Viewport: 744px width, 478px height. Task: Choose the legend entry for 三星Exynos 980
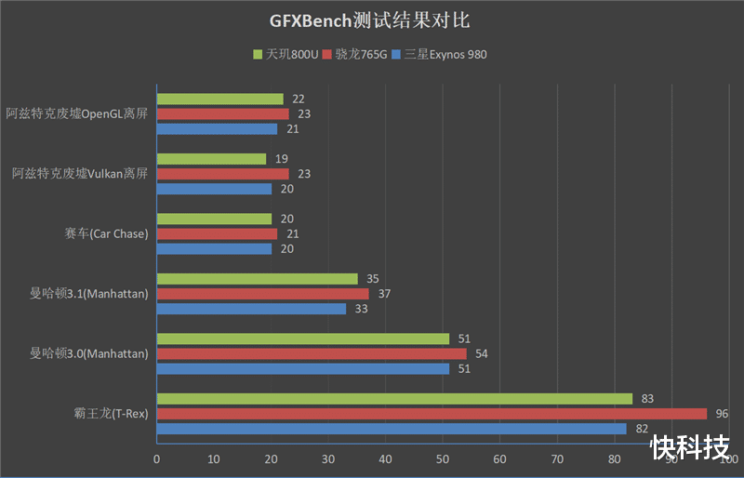(439, 54)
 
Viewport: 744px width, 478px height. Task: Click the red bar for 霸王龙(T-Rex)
(431, 414)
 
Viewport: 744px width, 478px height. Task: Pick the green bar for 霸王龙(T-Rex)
(394, 399)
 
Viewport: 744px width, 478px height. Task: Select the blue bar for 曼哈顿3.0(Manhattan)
(302, 368)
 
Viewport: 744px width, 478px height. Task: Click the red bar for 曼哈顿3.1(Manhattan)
(262, 294)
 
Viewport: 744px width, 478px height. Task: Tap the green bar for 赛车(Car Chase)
(214, 219)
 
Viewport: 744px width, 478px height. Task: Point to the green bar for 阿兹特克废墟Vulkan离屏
(211, 159)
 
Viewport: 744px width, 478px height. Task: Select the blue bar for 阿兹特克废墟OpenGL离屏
(217, 129)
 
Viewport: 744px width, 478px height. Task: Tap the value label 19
(281, 159)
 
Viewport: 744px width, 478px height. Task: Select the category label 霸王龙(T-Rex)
(111, 414)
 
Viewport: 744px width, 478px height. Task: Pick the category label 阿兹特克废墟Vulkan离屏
(80, 174)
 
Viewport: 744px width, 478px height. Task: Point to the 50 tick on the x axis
(443, 459)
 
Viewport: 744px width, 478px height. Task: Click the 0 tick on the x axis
(156, 459)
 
